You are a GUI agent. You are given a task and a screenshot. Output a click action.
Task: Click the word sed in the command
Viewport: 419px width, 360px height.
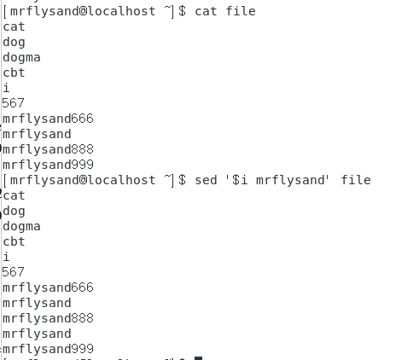point(206,180)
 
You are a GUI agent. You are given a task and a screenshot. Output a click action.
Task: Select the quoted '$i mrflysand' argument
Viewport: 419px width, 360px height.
point(277,181)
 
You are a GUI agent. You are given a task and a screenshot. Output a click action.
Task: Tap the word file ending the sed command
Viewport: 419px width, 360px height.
point(356,180)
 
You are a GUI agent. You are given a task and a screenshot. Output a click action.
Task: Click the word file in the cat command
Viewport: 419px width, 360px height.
point(241,11)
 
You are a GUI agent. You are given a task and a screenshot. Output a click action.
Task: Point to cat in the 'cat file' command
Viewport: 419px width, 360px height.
point(206,11)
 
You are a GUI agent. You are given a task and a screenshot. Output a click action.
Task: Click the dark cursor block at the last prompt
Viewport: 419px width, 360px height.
point(198,358)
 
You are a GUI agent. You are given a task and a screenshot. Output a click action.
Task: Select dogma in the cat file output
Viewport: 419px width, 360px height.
point(21,57)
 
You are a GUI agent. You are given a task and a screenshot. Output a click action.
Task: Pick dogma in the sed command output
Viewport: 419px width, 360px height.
point(21,226)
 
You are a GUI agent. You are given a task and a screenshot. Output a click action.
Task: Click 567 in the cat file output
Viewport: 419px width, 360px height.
point(14,103)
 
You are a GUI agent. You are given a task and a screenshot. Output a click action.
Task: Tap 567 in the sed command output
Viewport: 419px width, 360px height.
point(14,272)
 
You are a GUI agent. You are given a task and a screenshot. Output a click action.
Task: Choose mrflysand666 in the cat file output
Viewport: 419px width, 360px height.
point(48,119)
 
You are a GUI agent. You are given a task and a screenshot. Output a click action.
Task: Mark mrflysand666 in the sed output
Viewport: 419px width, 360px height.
point(48,287)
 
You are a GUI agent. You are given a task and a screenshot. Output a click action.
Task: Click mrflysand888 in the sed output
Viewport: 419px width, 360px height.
point(48,318)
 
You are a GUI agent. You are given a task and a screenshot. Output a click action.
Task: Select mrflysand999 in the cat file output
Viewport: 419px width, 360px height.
point(48,165)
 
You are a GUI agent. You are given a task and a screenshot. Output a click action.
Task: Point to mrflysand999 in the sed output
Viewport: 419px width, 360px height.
point(48,349)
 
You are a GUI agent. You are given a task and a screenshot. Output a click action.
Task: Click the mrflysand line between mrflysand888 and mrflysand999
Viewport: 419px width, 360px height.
point(37,334)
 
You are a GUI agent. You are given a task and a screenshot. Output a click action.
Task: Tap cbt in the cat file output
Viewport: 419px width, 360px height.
point(14,73)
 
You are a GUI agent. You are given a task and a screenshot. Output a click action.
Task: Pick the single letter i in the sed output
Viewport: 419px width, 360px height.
point(6,257)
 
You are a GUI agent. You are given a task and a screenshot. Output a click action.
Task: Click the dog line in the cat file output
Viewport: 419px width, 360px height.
point(14,42)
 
